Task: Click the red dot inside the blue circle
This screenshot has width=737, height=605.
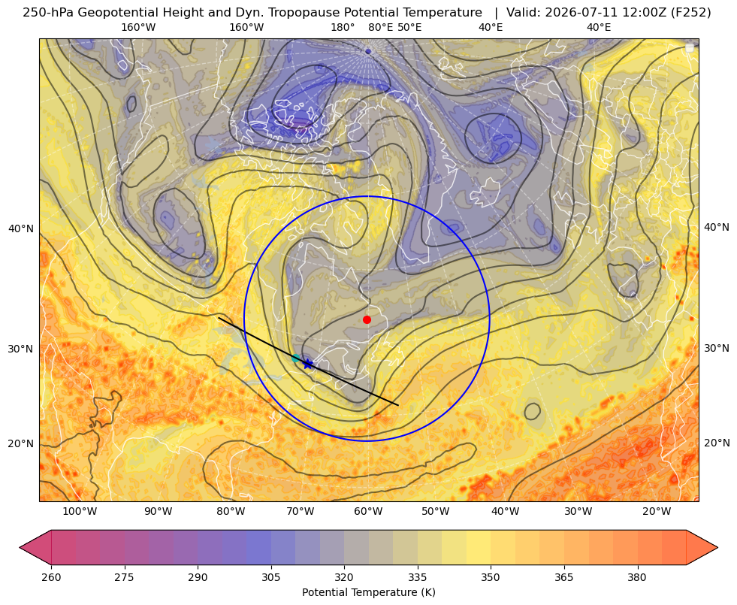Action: click(367, 319)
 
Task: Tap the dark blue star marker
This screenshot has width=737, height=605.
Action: click(307, 364)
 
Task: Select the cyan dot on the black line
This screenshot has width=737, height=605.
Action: click(296, 358)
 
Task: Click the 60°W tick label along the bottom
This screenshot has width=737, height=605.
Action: click(368, 512)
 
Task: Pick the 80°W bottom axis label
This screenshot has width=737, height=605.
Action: click(231, 512)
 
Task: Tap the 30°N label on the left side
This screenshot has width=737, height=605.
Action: click(21, 349)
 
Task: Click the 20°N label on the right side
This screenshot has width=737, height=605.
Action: click(717, 443)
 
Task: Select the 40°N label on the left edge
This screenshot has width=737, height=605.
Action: click(21, 229)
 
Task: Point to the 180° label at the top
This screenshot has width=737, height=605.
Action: click(343, 27)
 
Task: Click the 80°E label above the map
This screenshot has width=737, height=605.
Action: click(381, 27)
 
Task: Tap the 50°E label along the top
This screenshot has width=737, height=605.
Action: click(409, 27)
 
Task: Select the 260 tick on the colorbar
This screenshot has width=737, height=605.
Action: click(51, 577)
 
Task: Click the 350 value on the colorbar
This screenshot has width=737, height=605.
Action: click(491, 577)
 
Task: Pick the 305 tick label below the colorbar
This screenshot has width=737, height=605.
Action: click(271, 577)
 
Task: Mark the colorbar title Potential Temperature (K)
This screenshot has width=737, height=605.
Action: click(368, 592)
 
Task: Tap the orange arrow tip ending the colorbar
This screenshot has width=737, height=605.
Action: click(717, 547)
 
